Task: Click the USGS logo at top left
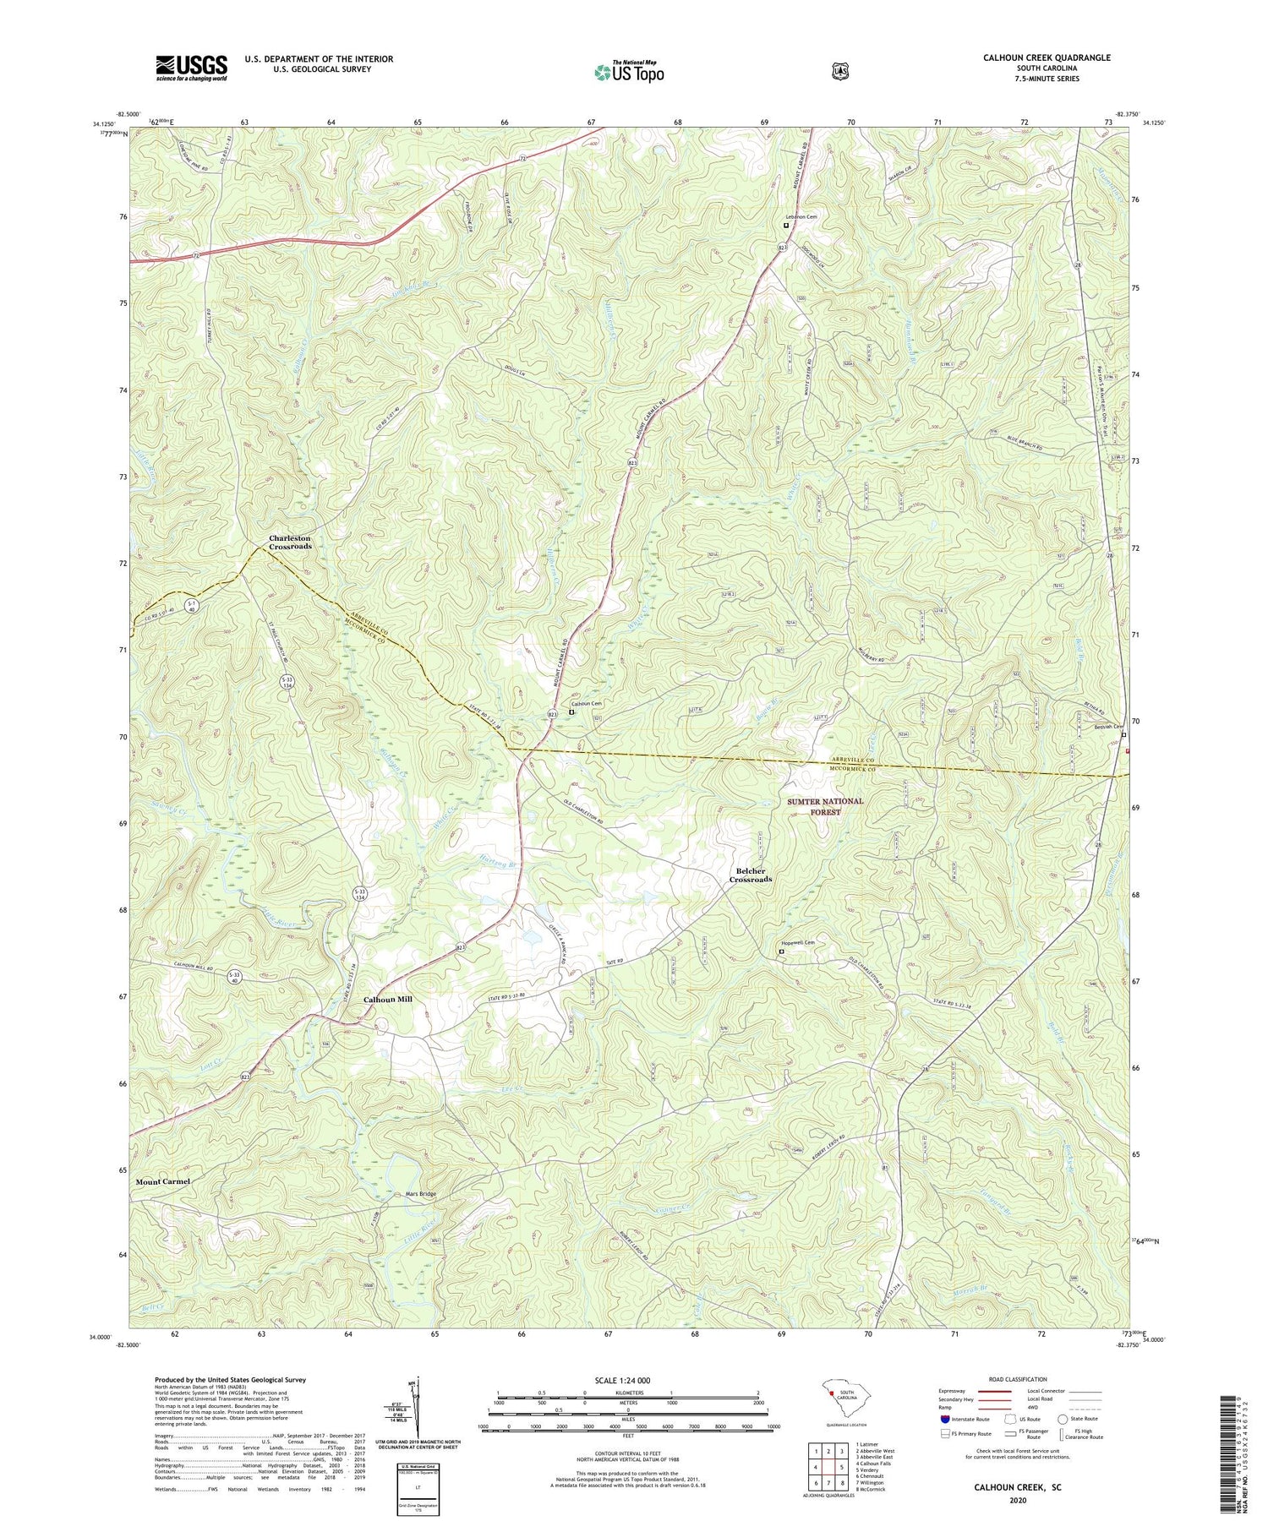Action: pyautogui.click(x=191, y=68)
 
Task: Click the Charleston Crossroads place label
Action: pyautogui.click(x=290, y=542)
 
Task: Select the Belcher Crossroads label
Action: pyautogui.click(x=751, y=875)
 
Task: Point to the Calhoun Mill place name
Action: pyautogui.click(x=387, y=999)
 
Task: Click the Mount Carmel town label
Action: pyautogui.click(x=162, y=1180)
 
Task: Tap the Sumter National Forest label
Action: pyautogui.click(x=826, y=805)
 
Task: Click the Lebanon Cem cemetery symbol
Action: pyautogui.click(x=785, y=226)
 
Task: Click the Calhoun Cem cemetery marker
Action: pyautogui.click(x=571, y=712)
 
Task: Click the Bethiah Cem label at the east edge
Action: pyautogui.click(x=1107, y=728)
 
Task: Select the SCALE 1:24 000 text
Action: pyautogui.click(x=626, y=1381)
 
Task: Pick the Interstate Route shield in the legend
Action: pyautogui.click(x=945, y=1420)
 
